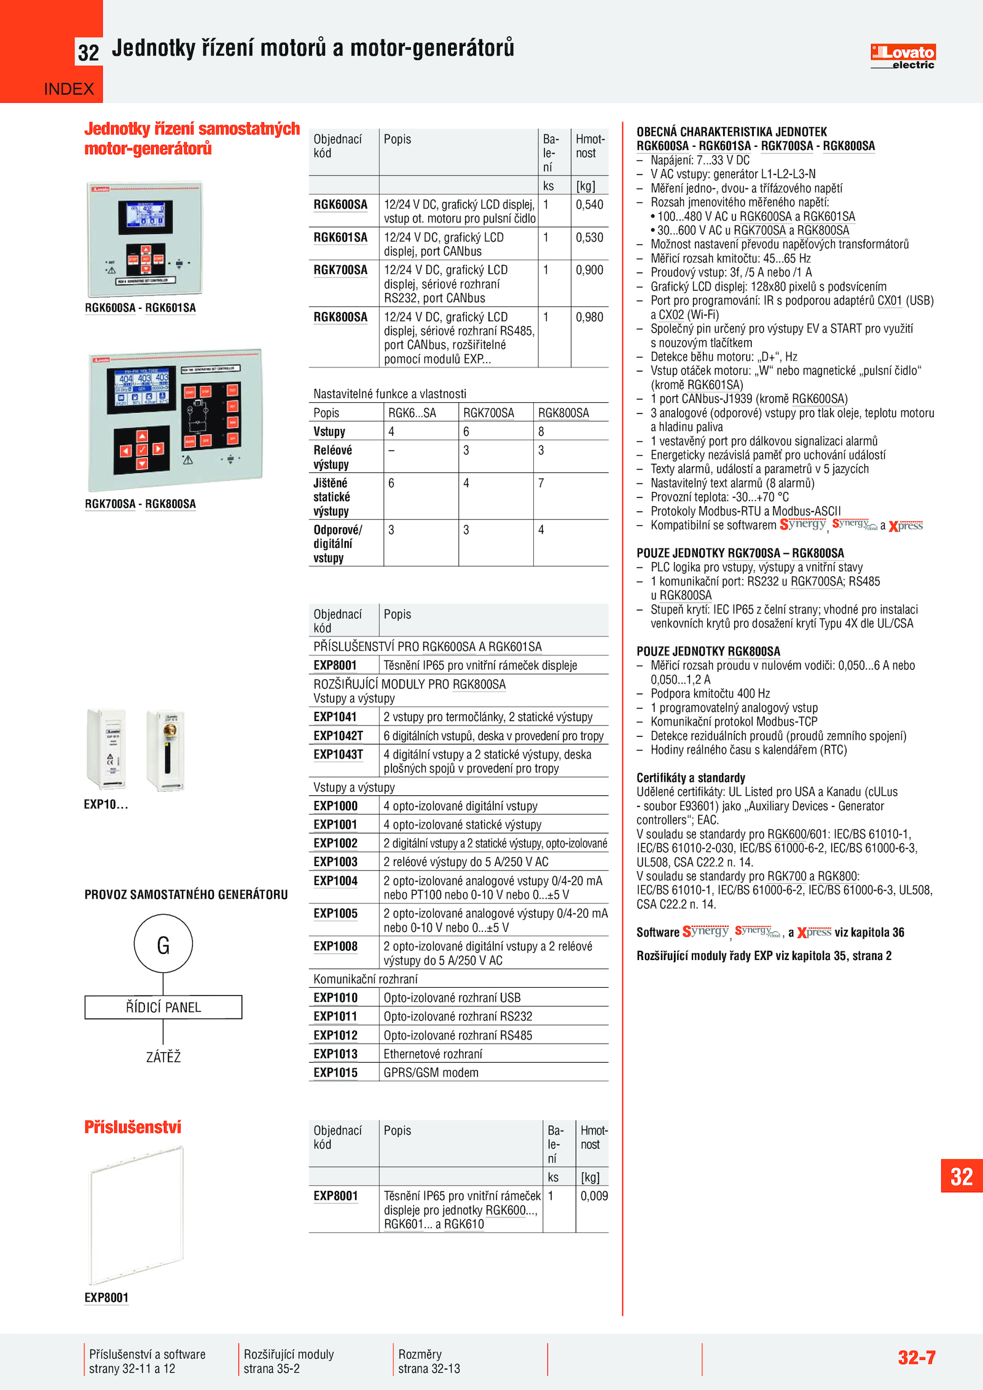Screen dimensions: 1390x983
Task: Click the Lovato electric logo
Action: click(903, 57)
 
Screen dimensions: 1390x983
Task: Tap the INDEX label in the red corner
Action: click(69, 89)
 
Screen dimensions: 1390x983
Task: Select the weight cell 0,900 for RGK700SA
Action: click(589, 270)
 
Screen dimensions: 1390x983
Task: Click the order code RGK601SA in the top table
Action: click(340, 238)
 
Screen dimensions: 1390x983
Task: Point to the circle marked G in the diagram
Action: click(163, 944)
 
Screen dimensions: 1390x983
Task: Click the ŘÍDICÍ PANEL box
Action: click(163, 1007)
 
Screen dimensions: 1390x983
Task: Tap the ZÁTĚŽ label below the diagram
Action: click(163, 1057)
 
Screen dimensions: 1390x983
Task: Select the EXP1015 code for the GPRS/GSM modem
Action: click(335, 1072)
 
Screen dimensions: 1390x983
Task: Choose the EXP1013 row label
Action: click(335, 1054)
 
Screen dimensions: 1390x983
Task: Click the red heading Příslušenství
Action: click(133, 1127)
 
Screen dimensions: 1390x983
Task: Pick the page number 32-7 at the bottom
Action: click(916, 1357)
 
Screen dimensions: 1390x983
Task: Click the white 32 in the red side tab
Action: click(961, 1176)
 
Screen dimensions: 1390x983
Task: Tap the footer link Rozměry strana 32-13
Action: click(429, 1361)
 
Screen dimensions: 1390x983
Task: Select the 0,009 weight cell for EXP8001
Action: click(593, 1196)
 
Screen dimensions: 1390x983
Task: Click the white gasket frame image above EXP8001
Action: click(136, 1215)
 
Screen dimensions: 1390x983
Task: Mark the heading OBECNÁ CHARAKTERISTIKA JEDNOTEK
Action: click(732, 132)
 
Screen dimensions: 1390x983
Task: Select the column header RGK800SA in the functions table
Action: click(563, 413)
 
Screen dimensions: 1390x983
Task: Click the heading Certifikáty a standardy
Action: click(691, 778)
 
